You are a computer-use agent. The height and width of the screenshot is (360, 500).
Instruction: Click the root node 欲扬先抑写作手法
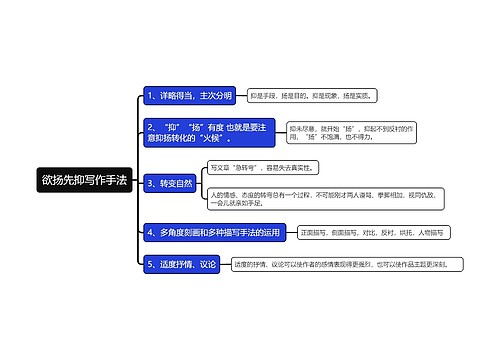84,181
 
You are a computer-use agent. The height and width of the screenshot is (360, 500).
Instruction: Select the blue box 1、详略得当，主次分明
189,96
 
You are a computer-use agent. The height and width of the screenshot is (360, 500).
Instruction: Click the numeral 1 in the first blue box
149,96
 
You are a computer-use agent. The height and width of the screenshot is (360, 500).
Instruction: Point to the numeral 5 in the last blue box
149,264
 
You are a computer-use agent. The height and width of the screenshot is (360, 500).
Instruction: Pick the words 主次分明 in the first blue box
216,96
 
